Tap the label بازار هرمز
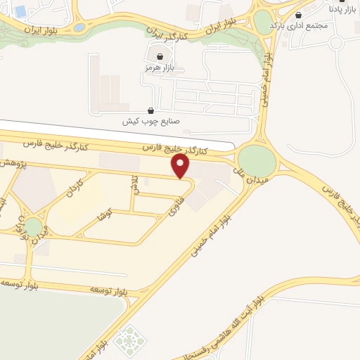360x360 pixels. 158,67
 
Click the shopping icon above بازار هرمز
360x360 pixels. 160,56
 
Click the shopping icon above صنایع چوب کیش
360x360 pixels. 151,110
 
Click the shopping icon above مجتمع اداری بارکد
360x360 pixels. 300,15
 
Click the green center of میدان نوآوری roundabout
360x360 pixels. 33,226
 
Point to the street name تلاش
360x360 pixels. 134,186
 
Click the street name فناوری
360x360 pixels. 169,205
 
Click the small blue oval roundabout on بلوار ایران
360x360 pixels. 79,28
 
